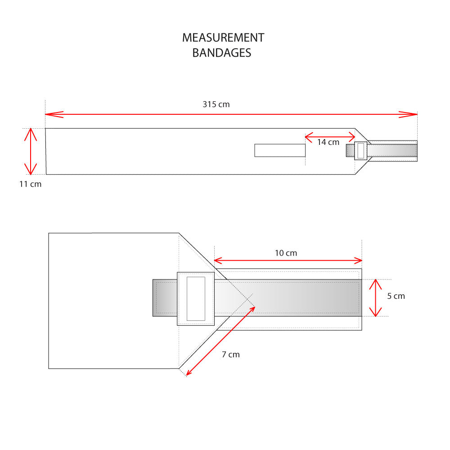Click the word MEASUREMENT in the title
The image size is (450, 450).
point(223,38)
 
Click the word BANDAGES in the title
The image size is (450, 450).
point(221,53)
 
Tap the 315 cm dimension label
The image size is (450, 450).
point(216,104)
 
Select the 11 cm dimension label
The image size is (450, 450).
point(30,184)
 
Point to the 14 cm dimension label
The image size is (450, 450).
point(328,142)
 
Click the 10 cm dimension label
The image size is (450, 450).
point(286,253)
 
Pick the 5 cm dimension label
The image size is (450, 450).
point(396,296)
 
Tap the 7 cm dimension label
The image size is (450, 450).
point(231,355)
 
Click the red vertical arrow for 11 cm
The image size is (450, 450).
point(30,151)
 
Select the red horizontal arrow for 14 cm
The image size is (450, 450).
point(330,135)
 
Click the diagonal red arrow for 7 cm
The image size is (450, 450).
point(220,341)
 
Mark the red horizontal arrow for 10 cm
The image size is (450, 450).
point(288,260)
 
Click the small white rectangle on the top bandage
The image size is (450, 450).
point(280,150)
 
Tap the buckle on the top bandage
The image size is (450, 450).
point(361,151)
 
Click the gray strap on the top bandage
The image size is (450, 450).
point(391,150)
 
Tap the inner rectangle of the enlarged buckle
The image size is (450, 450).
point(196,298)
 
